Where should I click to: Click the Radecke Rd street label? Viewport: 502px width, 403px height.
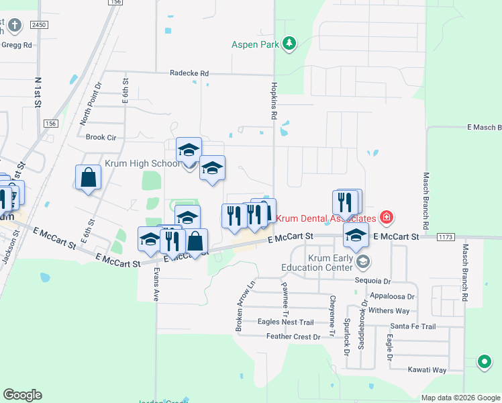tap(189, 73)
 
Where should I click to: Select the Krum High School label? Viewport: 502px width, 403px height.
tap(142, 163)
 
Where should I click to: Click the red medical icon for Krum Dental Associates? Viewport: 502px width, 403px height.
tap(386, 218)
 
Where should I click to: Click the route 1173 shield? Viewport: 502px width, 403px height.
tap(444, 236)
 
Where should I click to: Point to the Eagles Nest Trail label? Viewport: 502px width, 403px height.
tap(286, 322)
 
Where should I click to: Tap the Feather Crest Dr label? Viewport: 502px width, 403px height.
tap(294, 337)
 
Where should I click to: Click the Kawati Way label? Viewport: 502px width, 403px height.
tap(428, 370)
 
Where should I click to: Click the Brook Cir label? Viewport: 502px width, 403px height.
tap(101, 137)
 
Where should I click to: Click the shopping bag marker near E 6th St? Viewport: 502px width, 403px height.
tap(88, 178)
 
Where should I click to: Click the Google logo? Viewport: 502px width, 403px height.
tap(22, 395)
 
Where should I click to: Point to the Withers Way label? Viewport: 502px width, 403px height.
tap(389, 311)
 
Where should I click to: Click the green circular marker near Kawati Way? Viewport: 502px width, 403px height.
tap(484, 362)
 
